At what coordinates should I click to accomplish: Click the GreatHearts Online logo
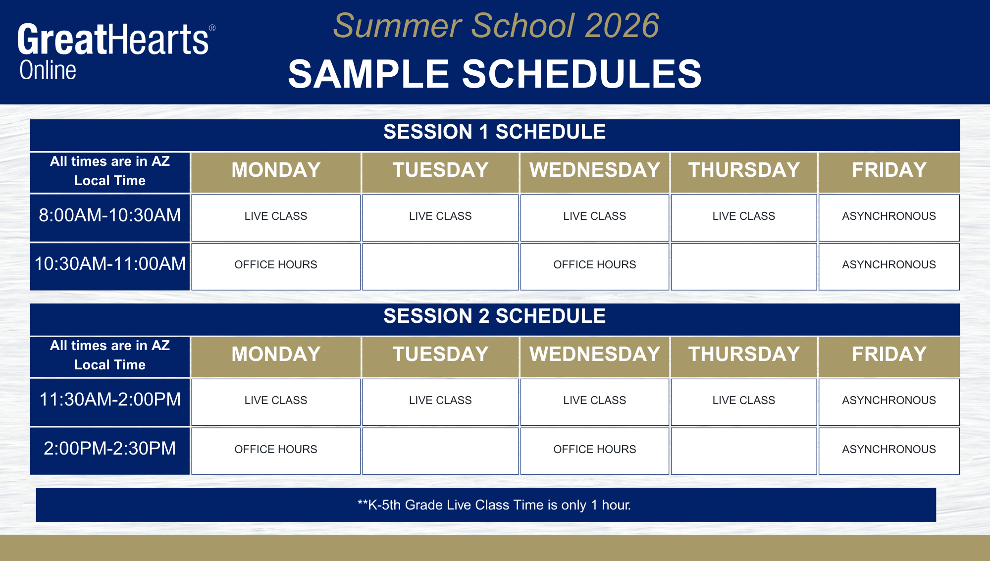(116, 51)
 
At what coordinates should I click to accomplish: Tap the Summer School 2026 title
(496, 26)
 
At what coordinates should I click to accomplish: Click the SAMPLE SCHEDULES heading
(495, 74)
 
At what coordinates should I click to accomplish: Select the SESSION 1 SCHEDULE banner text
(494, 132)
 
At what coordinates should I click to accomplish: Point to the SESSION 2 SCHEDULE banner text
(494, 316)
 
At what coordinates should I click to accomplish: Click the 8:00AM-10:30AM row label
(110, 215)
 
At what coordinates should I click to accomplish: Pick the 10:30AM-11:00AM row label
(110, 264)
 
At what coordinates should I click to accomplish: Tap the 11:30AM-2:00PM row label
(110, 400)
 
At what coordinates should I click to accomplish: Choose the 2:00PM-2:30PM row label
(110, 449)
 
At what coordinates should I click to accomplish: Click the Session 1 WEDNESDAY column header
(594, 170)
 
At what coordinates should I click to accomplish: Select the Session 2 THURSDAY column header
(744, 355)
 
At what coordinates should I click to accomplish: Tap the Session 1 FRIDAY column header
(889, 170)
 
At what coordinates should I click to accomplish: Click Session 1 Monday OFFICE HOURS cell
(276, 265)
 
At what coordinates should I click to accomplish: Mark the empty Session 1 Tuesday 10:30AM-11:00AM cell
(440, 266)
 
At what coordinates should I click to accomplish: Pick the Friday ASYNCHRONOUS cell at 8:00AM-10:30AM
(889, 216)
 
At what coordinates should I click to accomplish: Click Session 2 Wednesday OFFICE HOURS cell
(594, 450)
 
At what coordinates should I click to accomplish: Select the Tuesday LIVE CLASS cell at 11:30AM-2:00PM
(440, 401)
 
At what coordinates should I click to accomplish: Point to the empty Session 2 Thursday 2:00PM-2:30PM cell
(744, 451)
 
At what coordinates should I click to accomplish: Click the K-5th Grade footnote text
(494, 505)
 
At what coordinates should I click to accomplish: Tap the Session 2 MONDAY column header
(276, 355)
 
